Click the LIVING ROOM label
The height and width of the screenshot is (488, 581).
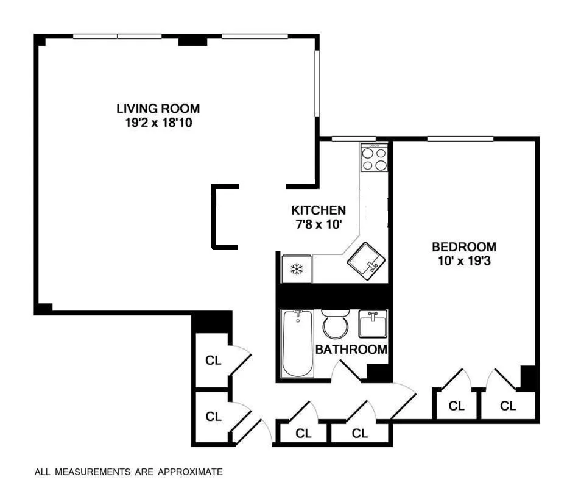coord(158,109)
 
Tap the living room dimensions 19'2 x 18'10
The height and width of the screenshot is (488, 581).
coord(158,122)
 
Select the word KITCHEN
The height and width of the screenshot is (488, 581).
coord(319,210)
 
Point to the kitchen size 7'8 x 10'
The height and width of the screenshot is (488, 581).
coord(319,224)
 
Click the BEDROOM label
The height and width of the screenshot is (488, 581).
coord(463,247)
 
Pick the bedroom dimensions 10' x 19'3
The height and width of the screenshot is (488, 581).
coord(463,260)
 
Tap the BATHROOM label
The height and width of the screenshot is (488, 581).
coord(351,350)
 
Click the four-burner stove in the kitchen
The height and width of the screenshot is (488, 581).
coord(374,159)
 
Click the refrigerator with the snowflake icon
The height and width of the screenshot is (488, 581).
coord(297,269)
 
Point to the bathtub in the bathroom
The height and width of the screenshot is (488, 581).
coord(298,343)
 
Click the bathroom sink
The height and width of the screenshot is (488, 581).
coord(372,323)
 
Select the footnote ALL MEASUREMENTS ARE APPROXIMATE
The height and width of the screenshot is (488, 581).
coord(129,472)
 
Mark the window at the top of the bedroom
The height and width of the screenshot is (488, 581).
coord(460,139)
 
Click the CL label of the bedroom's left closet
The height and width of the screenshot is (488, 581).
coord(456,406)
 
